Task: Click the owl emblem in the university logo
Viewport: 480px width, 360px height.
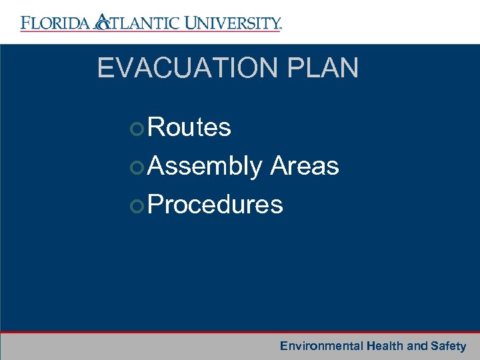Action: pyautogui.click(x=101, y=23)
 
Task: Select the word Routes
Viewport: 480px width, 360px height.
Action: pyautogui.click(x=189, y=127)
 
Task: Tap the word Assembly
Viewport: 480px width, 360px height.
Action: pyautogui.click(x=205, y=166)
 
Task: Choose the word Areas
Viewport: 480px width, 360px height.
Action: pyautogui.click(x=305, y=166)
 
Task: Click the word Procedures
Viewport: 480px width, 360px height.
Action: pyautogui.click(x=215, y=205)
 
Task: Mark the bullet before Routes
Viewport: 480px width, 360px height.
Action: pyautogui.click(x=137, y=128)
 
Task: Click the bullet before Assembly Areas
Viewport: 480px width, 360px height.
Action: pyautogui.click(x=137, y=167)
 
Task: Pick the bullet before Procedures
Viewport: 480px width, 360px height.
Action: pyautogui.click(x=137, y=205)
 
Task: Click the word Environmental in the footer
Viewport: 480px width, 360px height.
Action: pyautogui.click(x=321, y=346)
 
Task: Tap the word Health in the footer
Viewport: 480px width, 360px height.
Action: pyautogui.click(x=385, y=346)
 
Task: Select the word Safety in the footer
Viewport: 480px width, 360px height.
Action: pyautogui.click(x=448, y=346)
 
